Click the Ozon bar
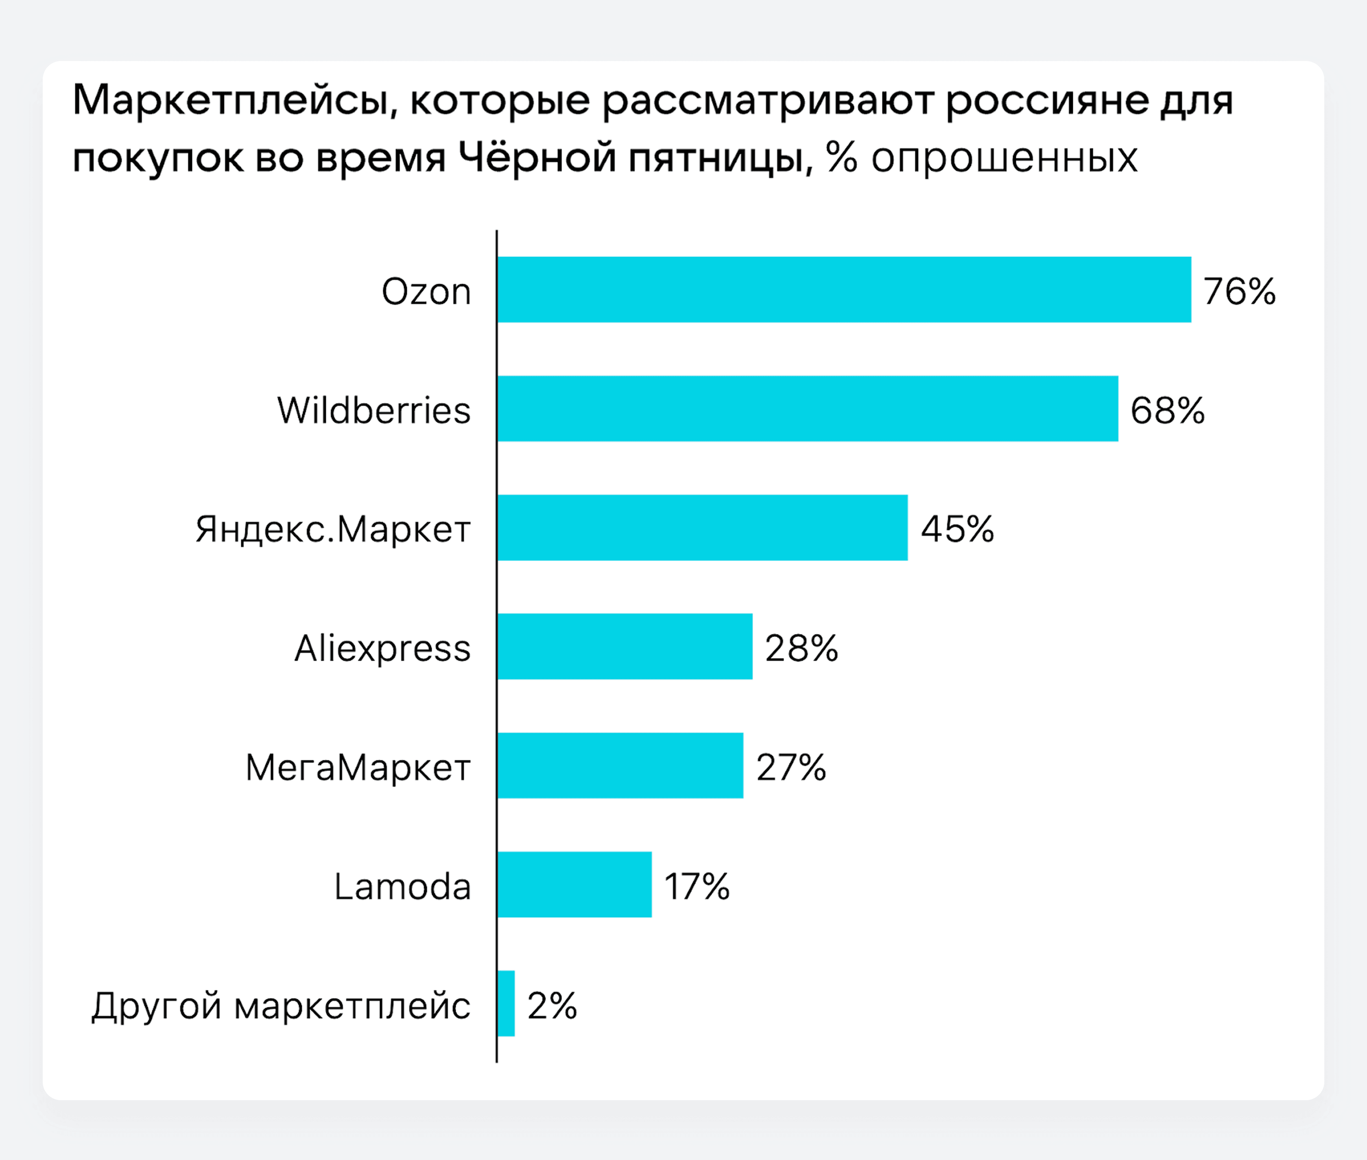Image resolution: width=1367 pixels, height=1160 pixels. click(844, 289)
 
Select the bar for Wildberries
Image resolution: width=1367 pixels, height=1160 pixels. click(807, 408)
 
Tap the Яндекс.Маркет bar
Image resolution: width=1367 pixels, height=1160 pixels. click(702, 527)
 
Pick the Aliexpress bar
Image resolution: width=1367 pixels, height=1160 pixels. click(625, 646)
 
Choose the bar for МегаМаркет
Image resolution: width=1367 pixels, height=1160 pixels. click(620, 766)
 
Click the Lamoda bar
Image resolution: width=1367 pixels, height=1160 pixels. click(574, 884)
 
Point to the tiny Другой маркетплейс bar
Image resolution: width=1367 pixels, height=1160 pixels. click(505, 1003)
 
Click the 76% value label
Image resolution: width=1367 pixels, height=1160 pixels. click(1239, 291)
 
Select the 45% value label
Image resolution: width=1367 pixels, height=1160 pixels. click(957, 530)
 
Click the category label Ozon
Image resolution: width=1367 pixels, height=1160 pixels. click(426, 291)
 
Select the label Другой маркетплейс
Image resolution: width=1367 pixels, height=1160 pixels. click(281, 1006)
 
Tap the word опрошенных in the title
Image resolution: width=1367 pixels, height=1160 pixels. click(1004, 158)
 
